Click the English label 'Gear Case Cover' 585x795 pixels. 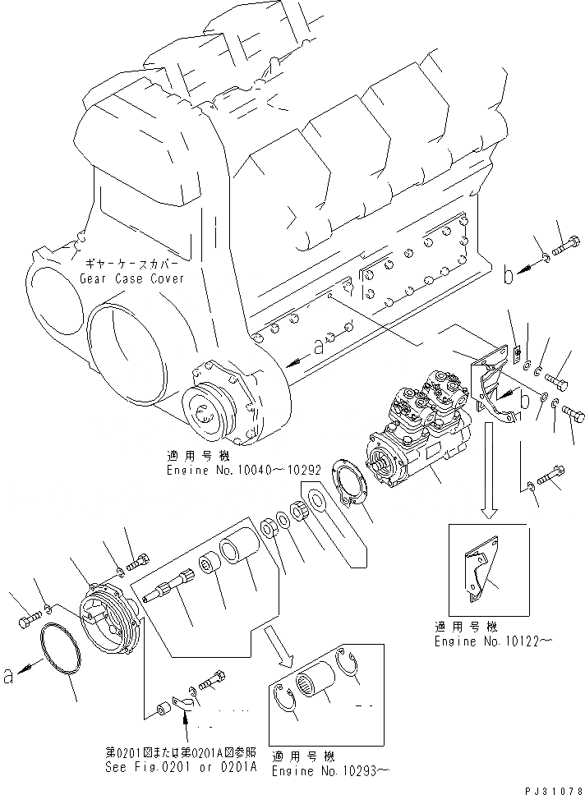(x=131, y=278)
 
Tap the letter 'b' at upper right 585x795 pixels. (x=509, y=276)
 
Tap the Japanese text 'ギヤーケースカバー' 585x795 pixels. (x=131, y=265)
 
